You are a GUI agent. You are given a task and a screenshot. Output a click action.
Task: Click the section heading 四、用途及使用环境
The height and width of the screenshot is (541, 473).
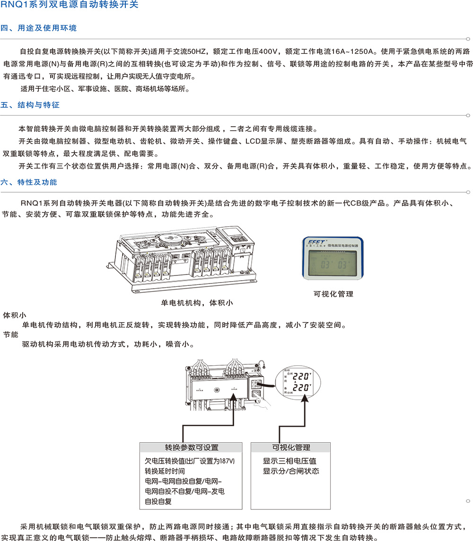click(39, 28)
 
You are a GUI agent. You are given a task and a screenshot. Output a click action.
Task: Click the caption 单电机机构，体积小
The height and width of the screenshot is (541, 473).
click(197, 302)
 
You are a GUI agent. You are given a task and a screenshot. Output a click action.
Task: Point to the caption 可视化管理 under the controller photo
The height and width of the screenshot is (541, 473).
click(333, 294)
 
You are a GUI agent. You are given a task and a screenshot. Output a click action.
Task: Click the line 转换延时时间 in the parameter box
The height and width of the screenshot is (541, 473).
click(165, 471)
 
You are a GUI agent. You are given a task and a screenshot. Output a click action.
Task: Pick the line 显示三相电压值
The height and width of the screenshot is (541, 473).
click(289, 461)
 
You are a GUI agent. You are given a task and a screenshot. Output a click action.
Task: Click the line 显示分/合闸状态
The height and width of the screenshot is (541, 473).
click(291, 471)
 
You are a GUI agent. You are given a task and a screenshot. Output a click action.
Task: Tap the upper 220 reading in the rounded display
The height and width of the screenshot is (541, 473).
click(302, 376)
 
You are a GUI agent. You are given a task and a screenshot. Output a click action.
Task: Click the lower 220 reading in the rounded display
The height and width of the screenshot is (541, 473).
click(302, 388)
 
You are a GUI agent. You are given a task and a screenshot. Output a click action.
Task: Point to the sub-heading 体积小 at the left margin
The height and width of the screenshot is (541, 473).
click(15, 315)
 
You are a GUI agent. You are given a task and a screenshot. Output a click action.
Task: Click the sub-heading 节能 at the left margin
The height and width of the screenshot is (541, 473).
click(11, 335)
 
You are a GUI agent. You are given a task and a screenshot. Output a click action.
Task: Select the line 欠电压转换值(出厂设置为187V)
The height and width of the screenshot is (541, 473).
click(190, 461)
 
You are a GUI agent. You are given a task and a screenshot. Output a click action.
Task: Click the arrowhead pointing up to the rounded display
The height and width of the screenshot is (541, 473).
click(305, 399)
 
